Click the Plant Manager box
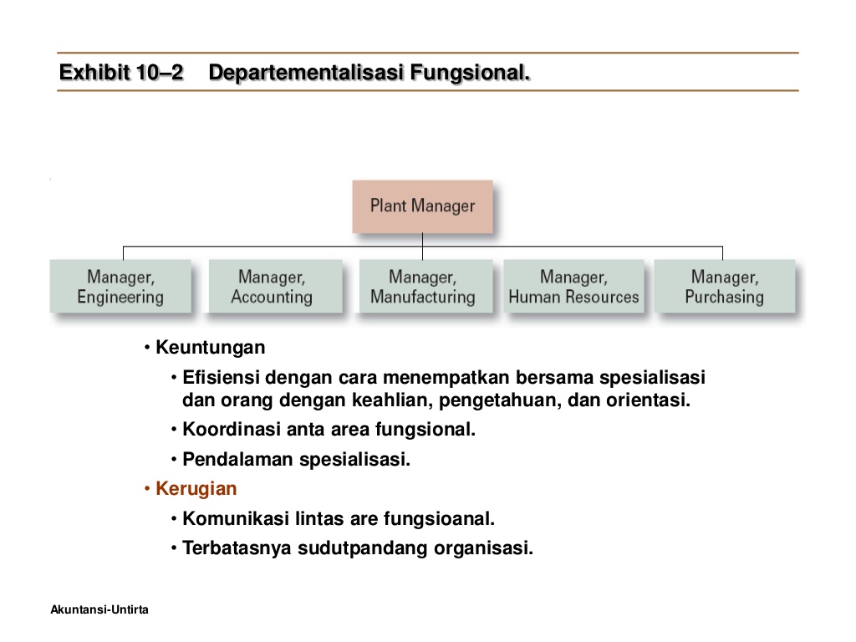coord(422,206)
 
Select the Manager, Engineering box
coord(120,287)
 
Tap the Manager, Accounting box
coord(272,287)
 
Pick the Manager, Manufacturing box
coord(422,287)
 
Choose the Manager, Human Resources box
coord(573,287)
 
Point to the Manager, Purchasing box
coord(724,287)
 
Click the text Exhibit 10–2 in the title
coord(121,74)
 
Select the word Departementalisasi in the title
coord(306,74)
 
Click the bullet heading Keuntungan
coord(210,347)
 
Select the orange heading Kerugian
coord(196,488)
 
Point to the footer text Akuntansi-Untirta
coord(99,610)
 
